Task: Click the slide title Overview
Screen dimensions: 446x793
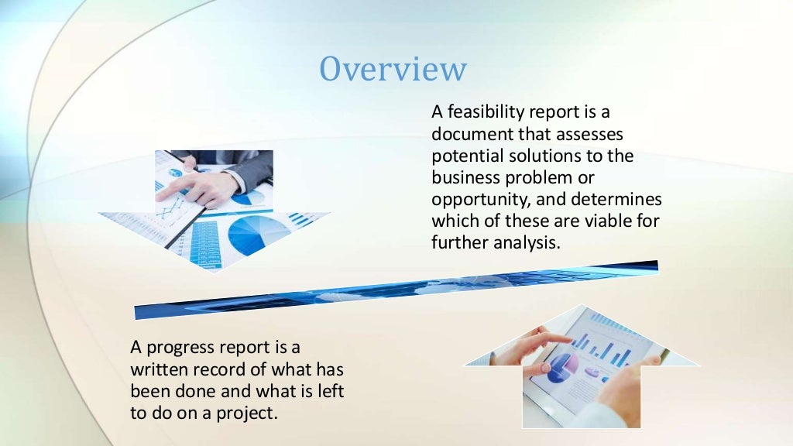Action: [393, 69]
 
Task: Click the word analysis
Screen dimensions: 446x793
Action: [525, 242]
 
